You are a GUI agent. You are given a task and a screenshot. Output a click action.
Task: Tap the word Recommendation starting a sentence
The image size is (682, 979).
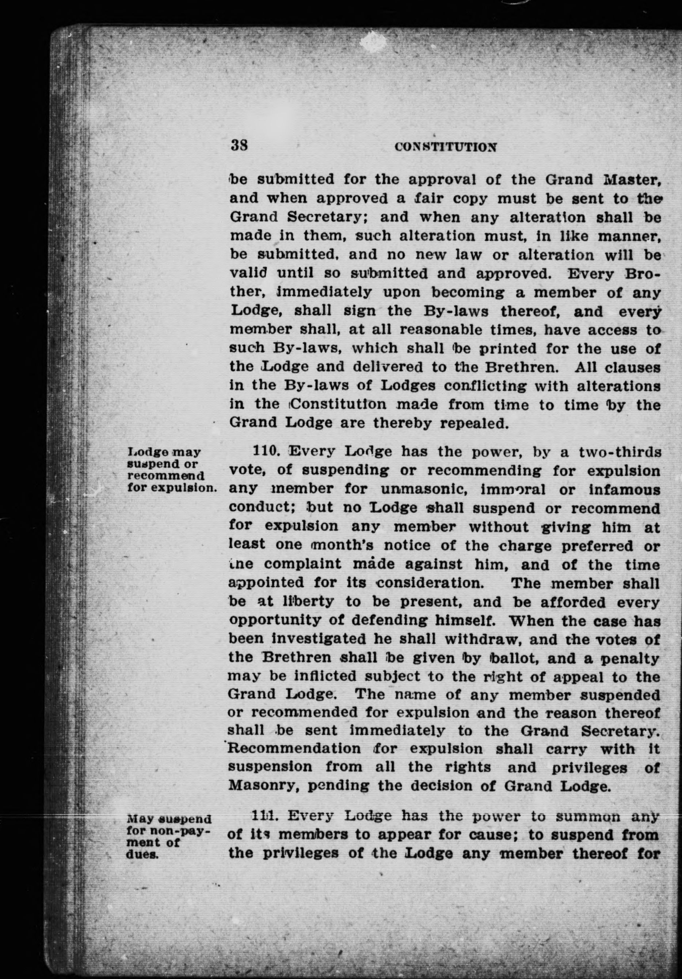click(295, 749)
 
